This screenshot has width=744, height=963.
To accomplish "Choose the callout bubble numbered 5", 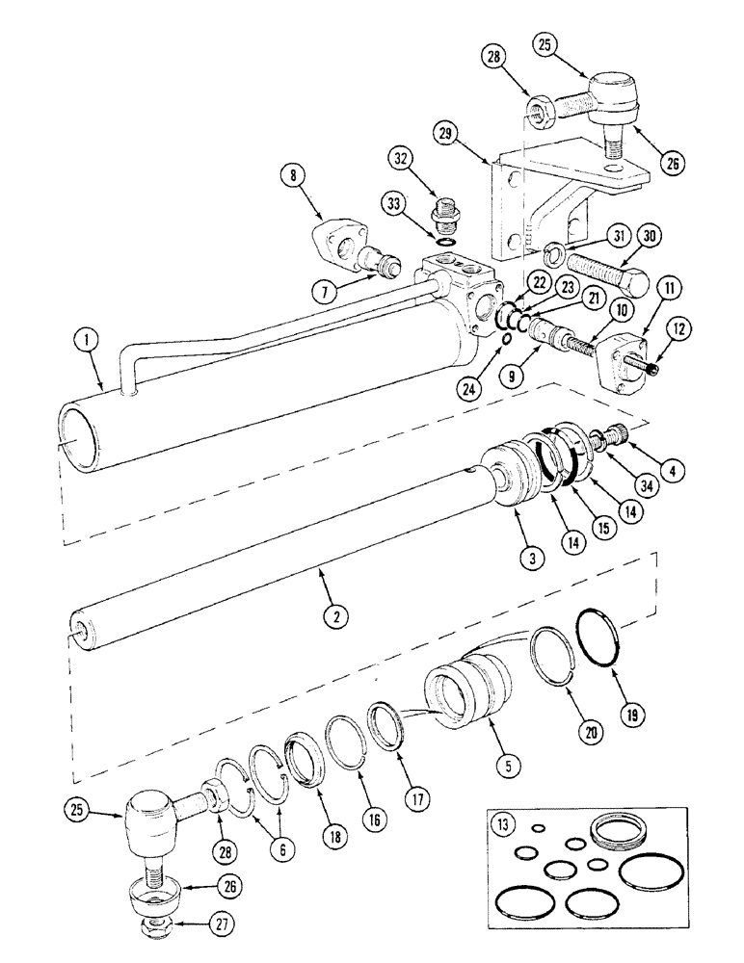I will (508, 767).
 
